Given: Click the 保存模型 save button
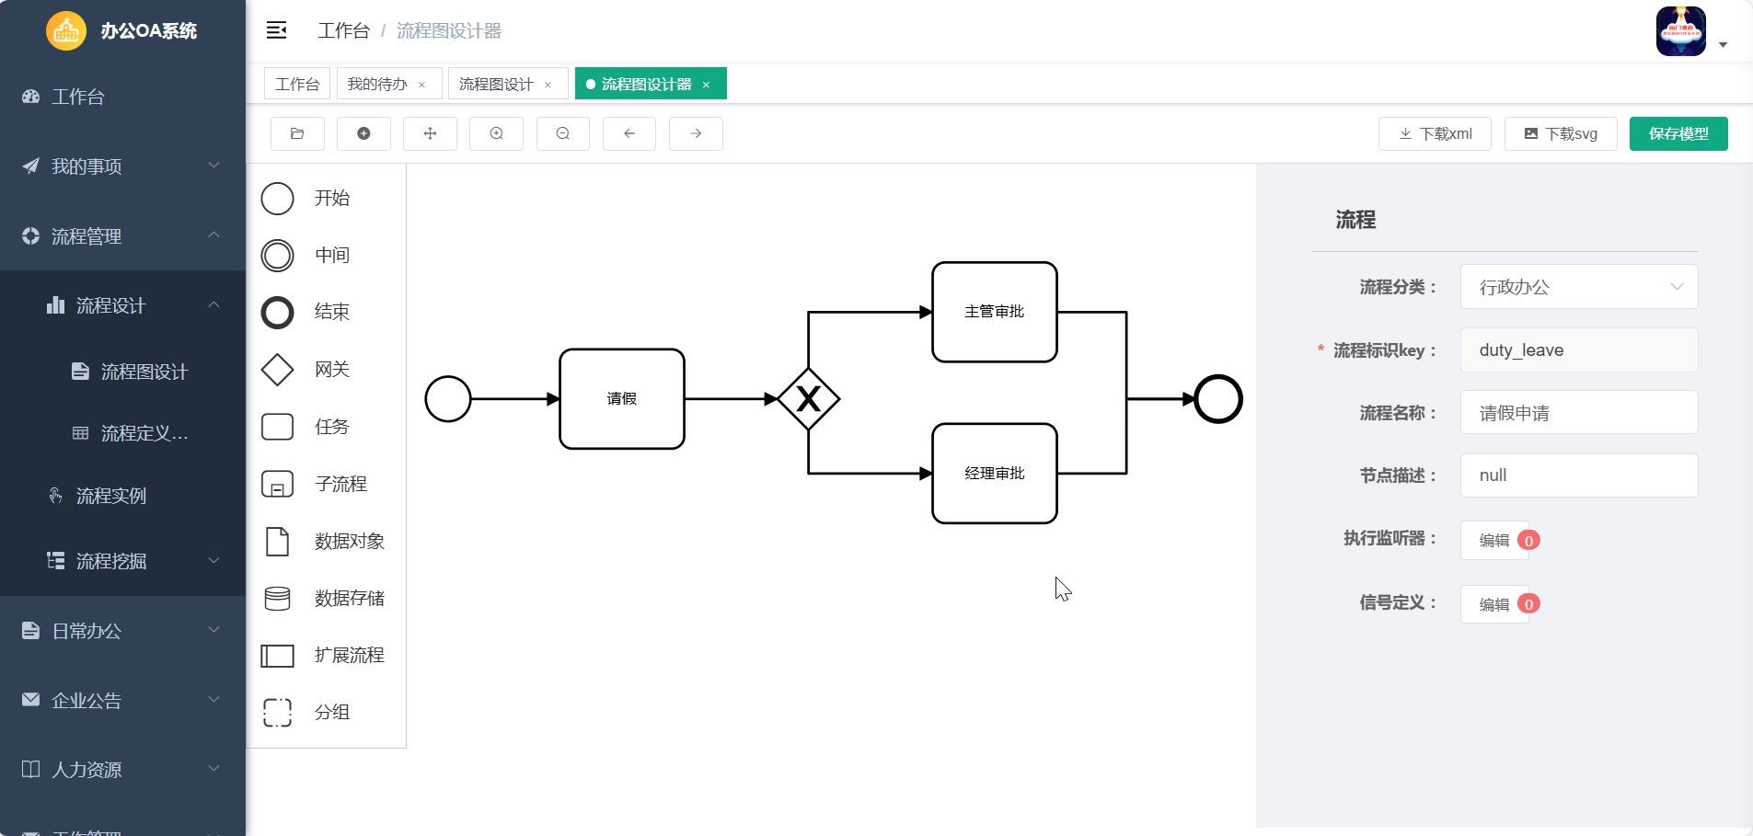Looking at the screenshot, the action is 1678,133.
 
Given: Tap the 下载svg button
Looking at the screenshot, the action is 1561,133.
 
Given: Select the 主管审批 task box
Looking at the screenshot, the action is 995,312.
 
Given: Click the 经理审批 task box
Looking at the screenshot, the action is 995,474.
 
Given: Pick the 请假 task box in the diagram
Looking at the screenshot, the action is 622,399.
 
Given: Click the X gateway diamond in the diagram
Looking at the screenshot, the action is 808,399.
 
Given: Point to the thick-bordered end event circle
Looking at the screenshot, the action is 1218,399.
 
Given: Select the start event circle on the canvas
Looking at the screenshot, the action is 448,399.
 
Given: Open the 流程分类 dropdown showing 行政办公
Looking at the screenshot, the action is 1579,287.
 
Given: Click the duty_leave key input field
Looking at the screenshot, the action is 1579,350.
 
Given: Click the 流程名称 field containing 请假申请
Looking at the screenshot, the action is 1579,413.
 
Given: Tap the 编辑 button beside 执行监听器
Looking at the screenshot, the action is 1494,540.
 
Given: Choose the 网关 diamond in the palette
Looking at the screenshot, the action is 277,370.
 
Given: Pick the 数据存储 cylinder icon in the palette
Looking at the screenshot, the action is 277,599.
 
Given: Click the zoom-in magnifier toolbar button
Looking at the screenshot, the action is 496,133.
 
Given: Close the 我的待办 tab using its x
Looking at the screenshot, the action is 422,85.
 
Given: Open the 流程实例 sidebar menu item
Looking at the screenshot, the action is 111,496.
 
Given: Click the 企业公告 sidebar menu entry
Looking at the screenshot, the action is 86,701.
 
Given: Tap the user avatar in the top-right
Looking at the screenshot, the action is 1681,31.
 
